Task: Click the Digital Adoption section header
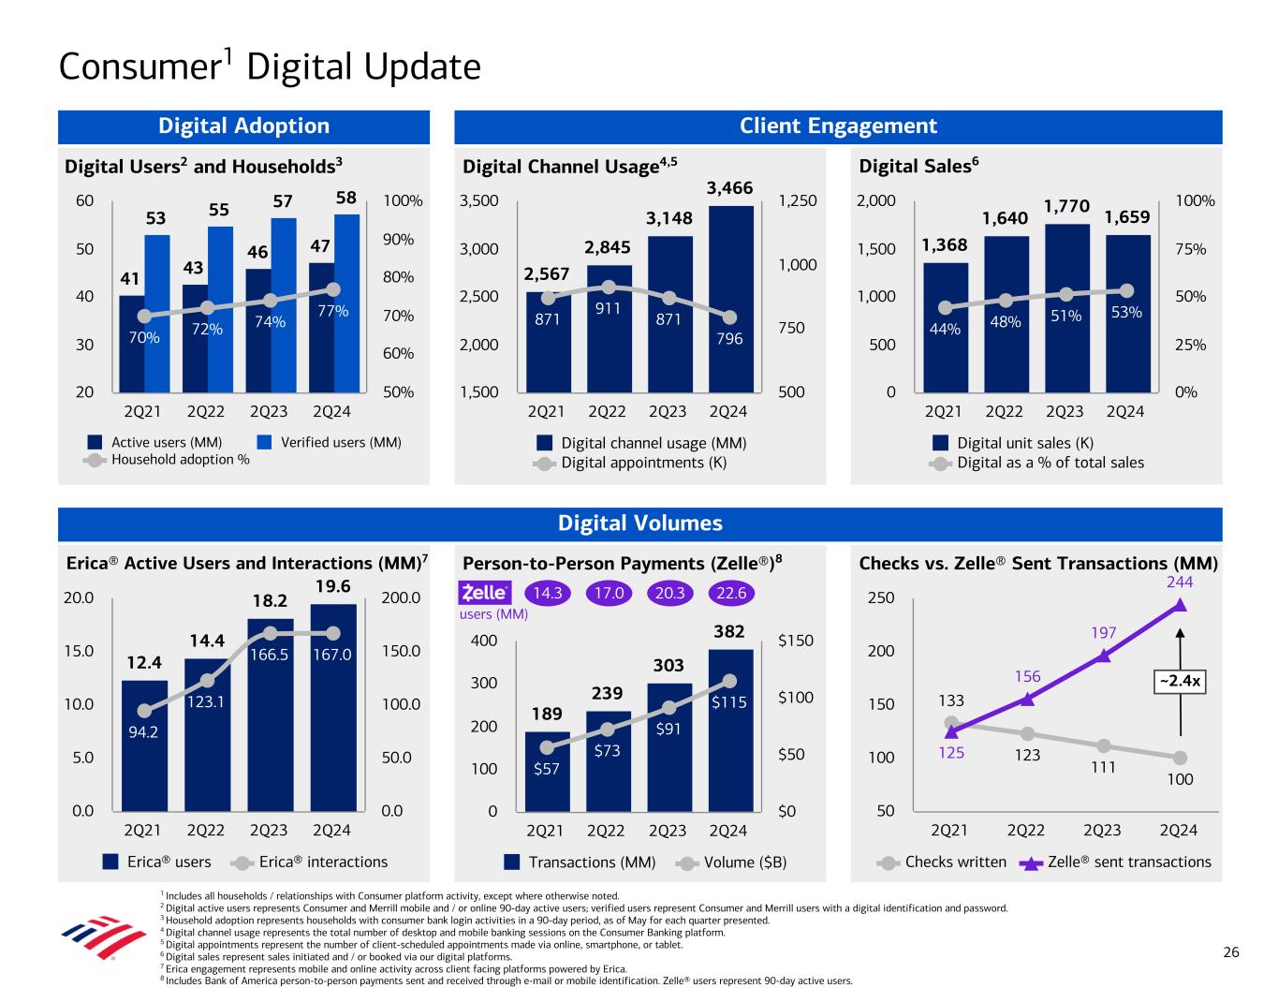point(243,126)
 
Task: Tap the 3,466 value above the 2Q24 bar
point(729,188)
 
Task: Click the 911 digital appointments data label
point(608,306)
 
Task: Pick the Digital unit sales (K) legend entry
point(1015,443)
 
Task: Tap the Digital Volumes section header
point(640,523)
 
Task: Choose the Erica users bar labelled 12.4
point(144,745)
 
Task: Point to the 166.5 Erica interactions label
point(269,655)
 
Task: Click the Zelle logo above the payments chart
point(485,594)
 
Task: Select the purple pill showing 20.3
point(670,594)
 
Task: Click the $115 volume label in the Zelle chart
point(728,700)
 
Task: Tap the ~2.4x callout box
point(1179,682)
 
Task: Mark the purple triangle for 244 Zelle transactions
point(1180,605)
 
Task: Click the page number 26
point(1231,952)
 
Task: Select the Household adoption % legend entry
point(169,460)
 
